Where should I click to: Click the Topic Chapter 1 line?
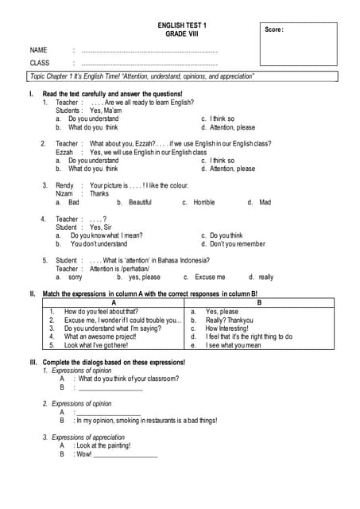(x=141, y=76)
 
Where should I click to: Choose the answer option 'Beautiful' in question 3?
(x=140, y=203)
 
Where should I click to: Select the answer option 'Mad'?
(x=265, y=203)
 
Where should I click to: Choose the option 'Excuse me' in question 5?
(x=210, y=278)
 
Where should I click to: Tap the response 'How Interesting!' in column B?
(x=226, y=328)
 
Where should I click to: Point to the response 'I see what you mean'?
(x=232, y=345)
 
